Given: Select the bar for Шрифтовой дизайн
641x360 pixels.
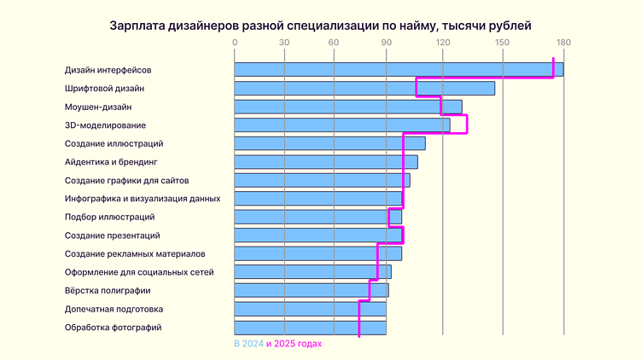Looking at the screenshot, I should tap(364, 88).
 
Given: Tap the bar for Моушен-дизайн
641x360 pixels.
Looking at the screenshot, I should tap(347, 107).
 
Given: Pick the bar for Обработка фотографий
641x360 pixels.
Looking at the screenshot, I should tap(310, 327).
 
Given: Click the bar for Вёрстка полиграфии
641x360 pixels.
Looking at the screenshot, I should tap(311, 290).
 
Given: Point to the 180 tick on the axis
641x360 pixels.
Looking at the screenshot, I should tap(562, 43).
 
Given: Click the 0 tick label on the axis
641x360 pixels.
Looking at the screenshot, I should tap(235, 43).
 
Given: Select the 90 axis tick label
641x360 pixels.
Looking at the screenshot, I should tap(386, 43).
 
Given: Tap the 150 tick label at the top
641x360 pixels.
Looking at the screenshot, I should tap(504, 43).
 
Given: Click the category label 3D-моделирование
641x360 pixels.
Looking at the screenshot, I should tap(105, 125).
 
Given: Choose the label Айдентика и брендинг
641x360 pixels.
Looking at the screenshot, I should tap(111, 162).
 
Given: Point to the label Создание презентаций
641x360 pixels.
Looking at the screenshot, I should tap(112, 235).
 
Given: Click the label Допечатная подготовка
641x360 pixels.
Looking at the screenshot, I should tap(114, 309).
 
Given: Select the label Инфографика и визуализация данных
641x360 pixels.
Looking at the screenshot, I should tap(142, 199).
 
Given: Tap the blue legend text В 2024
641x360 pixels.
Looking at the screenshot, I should tap(248, 344).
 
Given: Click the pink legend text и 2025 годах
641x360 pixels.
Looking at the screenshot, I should tap(294, 344).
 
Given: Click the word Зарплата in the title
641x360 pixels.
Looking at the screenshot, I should tap(138, 25).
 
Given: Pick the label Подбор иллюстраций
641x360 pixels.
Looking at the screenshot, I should tap(109, 217).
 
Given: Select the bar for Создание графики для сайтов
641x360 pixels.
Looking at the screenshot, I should tap(322, 180).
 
